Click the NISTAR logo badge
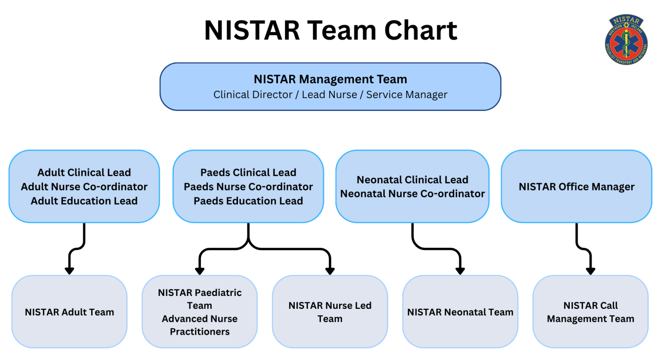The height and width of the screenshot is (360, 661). point(626,40)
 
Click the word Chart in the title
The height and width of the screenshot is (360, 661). point(420,31)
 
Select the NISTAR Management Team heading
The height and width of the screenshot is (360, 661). point(330,79)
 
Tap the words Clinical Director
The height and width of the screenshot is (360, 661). point(253,95)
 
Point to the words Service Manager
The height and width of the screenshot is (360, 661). point(407,95)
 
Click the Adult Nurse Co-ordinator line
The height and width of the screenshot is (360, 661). point(84,187)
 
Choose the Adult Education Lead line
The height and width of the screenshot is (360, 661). point(84,201)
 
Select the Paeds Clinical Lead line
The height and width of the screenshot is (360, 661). point(248,172)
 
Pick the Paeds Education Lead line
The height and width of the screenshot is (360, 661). point(248,201)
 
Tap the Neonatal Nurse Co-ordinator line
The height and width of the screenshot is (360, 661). point(412,194)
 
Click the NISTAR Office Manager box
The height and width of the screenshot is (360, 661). point(576,187)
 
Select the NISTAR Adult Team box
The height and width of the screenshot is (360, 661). point(69,312)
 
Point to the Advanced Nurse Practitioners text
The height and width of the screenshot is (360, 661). point(200,325)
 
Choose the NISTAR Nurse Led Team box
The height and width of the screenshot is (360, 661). point(330,312)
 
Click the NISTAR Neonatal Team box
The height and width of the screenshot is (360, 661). point(460,312)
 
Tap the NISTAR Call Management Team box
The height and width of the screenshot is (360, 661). point(590,312)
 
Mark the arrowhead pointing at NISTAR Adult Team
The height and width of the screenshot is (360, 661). point(69,271)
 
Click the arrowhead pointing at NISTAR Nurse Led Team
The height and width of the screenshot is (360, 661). point(330,271)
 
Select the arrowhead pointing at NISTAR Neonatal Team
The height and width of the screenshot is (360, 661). point(460,271)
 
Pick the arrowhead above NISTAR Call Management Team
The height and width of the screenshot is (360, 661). point(590,271)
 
